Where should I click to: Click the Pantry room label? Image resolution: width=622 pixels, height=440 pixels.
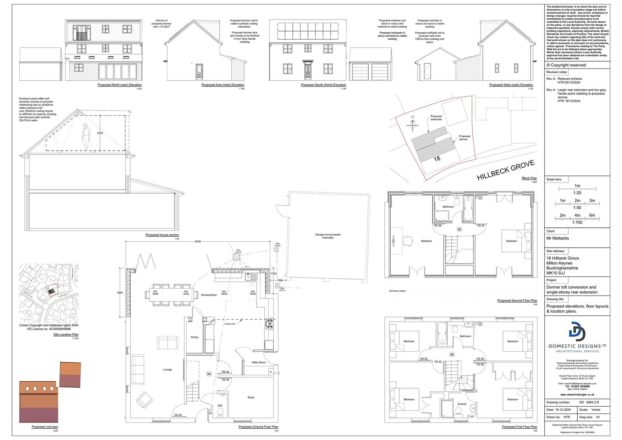click(194, 337)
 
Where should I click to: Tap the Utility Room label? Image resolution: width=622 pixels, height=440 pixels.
click(259, 362)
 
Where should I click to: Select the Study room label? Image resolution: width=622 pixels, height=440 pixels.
click(251, 398)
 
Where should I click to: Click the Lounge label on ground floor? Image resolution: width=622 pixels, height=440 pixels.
click(168, 370)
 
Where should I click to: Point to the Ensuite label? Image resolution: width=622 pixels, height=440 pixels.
click(462, 404)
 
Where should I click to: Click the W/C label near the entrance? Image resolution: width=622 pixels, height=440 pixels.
click(220, 405)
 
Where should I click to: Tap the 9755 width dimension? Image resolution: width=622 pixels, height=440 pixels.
click(198, 241)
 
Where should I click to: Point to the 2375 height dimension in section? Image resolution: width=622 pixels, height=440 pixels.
click(100, 133)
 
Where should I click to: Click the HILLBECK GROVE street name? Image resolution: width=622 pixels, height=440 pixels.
click(506, 170)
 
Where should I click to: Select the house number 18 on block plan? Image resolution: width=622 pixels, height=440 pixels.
click(437, 158)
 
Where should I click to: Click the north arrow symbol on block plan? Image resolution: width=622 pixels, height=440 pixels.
click(412, 124)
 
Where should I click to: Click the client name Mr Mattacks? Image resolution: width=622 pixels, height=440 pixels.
click(557, 238)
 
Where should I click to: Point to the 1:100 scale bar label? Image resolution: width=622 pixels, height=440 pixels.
click(577, 222)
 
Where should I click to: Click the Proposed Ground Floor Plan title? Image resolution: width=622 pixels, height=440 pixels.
click(258, 427)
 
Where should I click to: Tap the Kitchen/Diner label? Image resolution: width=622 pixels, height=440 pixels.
click(209, 295)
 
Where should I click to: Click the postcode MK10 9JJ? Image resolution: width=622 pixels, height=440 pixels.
click(556, 273)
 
